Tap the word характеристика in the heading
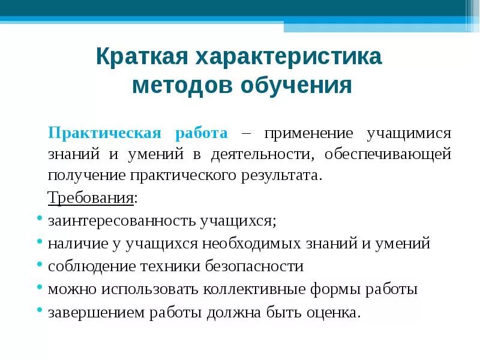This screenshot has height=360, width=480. (287, 57)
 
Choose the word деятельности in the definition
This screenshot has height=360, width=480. (262, 154)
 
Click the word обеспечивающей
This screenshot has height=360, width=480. (388, 154)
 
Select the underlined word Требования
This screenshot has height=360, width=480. (91, 198)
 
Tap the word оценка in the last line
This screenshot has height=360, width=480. (338, 313)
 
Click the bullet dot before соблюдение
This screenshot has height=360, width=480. (38, 264)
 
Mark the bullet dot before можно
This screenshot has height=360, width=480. (38, 287)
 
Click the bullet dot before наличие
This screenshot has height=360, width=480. (38, 241)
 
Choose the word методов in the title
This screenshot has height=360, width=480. (182, 86)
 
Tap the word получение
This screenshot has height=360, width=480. (86, 176)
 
